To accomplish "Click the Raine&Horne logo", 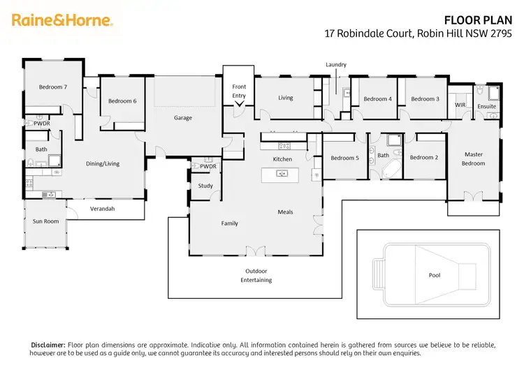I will coord(62,20).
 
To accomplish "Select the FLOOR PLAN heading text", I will coord(482,20).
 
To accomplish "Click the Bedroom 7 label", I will coord(52,87).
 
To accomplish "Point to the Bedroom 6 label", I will coord(122,101).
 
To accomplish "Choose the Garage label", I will coord(183,118).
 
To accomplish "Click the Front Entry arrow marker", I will coord(239,104).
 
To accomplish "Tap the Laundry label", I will coord(336,65).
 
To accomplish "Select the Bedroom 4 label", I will coord(377,99).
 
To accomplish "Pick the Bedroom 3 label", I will coord(425,99).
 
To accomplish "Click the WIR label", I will coord(460,105).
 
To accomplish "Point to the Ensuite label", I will coord(486,107).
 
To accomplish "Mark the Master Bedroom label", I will coord(474,158).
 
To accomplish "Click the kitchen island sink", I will coord(282,173).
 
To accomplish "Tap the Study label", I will coord(205,186).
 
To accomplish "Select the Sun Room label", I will coord(46,221).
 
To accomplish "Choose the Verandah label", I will coord(102,209).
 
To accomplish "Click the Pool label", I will coord(435,275).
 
